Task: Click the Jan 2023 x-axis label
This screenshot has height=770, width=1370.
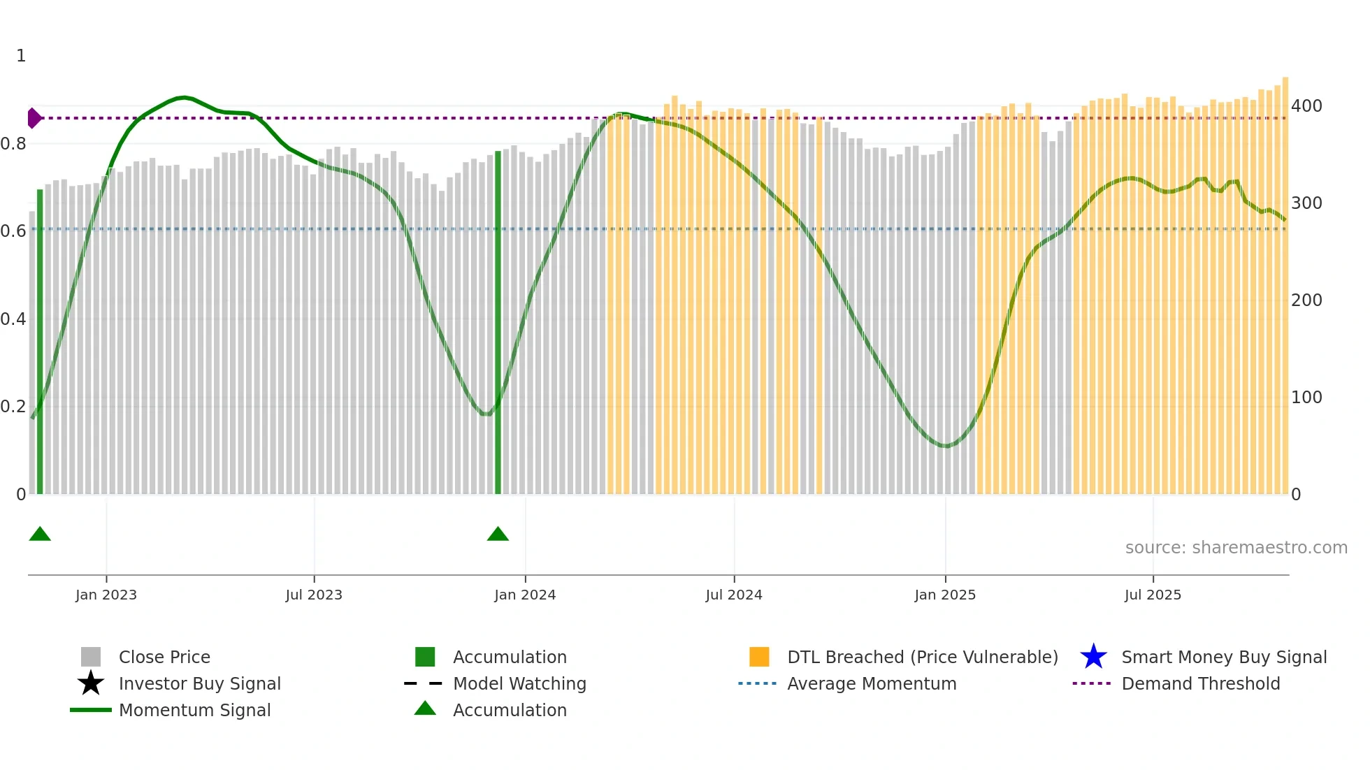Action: tap(106, 595)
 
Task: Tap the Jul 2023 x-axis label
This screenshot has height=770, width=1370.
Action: tap(314, 595)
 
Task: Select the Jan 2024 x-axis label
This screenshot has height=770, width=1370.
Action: tap(525, 595)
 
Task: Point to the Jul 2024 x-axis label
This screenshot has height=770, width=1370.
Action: tap(734, 595)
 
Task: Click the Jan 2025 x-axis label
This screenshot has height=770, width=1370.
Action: tap(945, 595)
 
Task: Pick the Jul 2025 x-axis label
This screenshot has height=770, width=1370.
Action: tap(1153, 595)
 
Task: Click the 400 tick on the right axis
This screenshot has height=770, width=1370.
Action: tap(1306, 106)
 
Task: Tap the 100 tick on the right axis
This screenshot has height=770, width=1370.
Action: tap(1306, 398)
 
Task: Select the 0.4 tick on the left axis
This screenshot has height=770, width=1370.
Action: tap(13, 319)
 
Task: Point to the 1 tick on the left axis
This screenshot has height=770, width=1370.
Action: tap(21, 56)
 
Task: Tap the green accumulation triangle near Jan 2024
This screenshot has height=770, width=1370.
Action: tap(498, 535)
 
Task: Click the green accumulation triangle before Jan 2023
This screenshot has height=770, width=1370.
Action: tap(40, 535)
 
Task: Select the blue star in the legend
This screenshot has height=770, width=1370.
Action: tap(1093, 657)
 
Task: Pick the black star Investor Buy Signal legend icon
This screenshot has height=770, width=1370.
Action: tap(91, 683)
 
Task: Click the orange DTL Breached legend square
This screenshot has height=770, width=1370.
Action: tap(759, 657)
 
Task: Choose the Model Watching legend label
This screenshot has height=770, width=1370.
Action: tap(519, 683)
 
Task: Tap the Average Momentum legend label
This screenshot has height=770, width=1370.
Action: tap(872, 683)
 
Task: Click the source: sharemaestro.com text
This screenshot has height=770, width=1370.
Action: tap(1236, 548)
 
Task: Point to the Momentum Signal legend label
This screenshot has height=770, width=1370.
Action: tap(194, 710)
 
